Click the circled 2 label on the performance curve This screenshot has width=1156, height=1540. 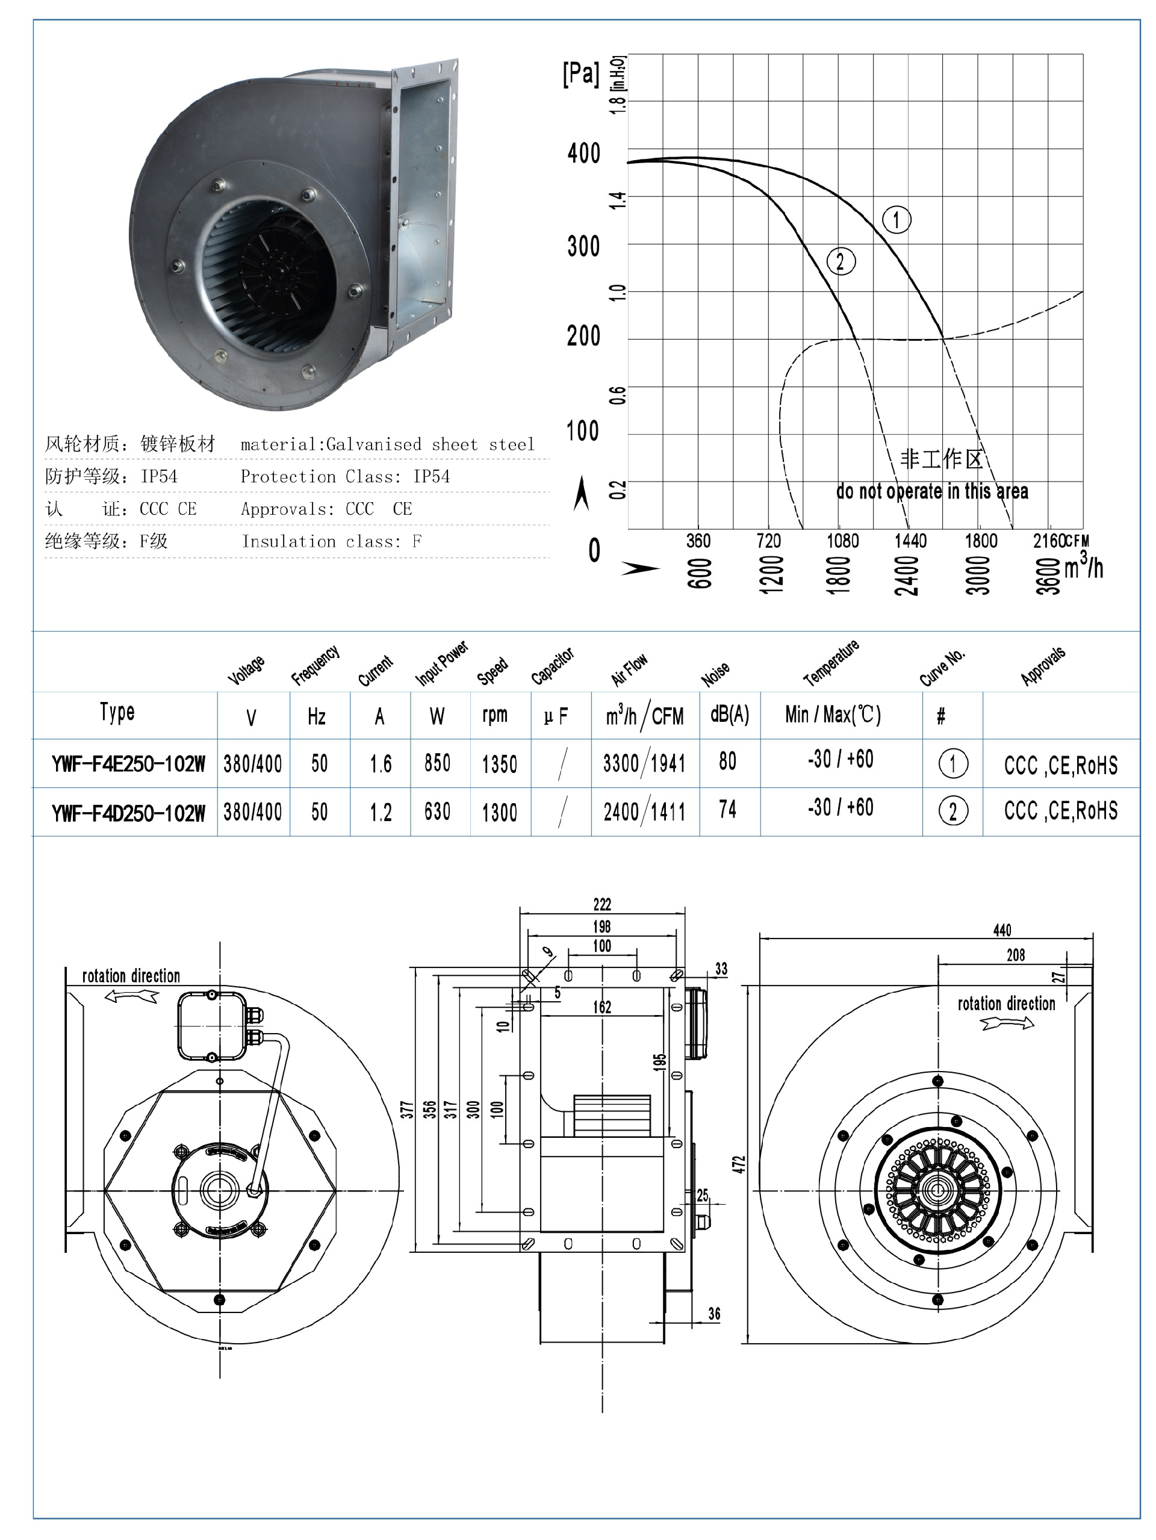point(841,262)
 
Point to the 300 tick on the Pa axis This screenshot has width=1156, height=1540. point(583,246)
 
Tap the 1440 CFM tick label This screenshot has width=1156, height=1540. point(910,541)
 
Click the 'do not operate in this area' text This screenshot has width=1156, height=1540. point(932,491)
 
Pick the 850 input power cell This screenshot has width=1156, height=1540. point(437,763)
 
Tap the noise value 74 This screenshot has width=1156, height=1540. point(727,810)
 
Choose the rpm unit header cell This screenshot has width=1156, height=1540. point(494,715)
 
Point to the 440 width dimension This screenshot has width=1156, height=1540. point(1001,930)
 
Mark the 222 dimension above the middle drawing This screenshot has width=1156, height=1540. point(602,904)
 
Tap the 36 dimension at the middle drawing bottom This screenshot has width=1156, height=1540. point(714,1314)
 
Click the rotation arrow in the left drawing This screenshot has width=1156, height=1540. point(132,996)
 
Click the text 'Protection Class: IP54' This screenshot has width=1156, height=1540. point(345,477)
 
